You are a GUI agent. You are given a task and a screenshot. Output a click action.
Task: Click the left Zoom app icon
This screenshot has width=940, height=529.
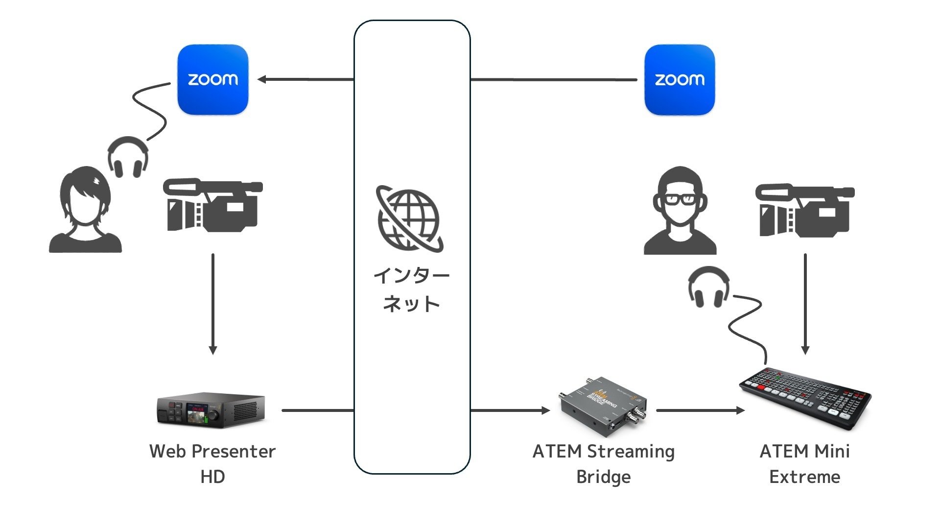pyautogui.click(x=212, y=79)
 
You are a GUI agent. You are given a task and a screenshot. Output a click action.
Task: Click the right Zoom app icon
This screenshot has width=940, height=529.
pyautogui.click(x=680, y=79)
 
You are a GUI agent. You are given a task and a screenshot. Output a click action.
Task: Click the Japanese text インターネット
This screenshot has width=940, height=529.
pyautogui.click(x=411, y=289)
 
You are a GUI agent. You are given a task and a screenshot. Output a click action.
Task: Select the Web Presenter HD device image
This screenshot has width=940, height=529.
pyautogui.click(x=211, y=410)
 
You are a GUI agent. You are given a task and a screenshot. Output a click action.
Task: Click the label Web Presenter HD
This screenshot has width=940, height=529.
pyautogui.click(x=212, y=463)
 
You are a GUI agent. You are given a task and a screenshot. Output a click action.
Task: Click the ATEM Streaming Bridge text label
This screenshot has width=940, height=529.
pyautogui.click(x=603, y=463)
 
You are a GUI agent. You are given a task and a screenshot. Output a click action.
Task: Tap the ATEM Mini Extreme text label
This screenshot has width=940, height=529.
pyautogui.click(x=804, y=463)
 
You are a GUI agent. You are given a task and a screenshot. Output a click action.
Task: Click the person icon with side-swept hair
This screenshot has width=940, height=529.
pyautogui.click(x=85, y=211)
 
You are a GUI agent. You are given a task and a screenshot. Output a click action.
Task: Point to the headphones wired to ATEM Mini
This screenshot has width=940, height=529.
pyautogui.click(x=708, y=287)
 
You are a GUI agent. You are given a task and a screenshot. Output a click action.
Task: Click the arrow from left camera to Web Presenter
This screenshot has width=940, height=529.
pyautogui.click(x=212, y=304)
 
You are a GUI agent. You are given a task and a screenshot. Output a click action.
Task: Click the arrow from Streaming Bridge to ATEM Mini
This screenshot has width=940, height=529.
pyautogui.click(x=700, y=410)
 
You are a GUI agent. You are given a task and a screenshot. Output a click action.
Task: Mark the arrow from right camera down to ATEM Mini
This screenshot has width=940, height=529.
pyautogui.click(x=805, y=304)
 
